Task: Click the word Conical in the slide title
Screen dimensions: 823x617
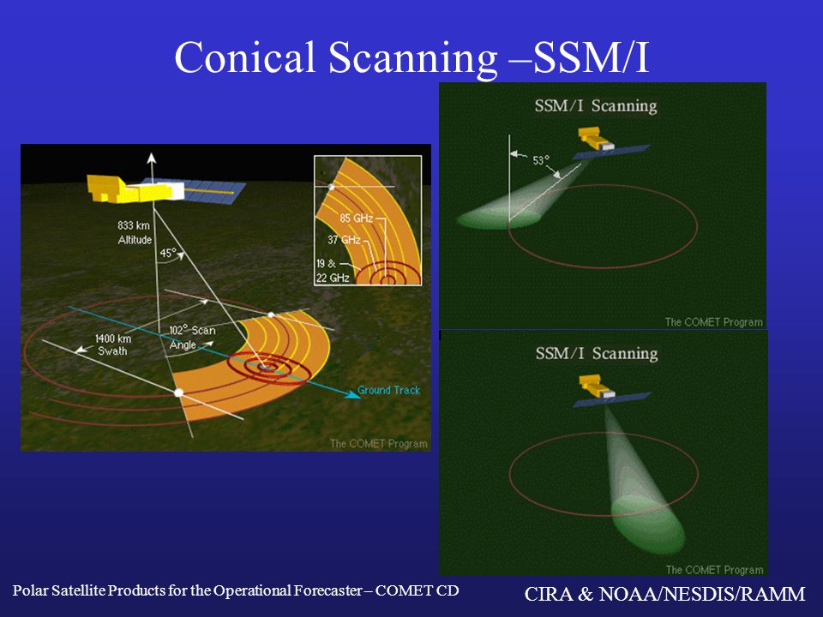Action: click(244, 57)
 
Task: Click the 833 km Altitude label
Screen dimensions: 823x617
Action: click(135, 232)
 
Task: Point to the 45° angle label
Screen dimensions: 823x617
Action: click(168, 253)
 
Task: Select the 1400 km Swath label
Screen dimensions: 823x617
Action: click(113, 344)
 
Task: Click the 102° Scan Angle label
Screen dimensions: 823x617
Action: click(192, 338)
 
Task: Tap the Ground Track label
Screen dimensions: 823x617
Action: click(389, 390)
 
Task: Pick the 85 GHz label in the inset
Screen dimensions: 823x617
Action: click(356, 218)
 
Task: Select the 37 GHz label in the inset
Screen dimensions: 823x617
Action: click(344, 240)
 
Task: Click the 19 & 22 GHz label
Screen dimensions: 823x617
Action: click(333, 271)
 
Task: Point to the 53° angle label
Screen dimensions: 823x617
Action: click(541, 160)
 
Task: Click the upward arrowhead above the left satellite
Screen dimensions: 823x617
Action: click(152, 158)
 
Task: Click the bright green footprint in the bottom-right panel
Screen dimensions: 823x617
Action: click(649, 524)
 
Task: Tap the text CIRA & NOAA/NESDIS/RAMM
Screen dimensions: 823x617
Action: click(664, 593)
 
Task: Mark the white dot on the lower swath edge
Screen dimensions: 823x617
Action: click(178, 392)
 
